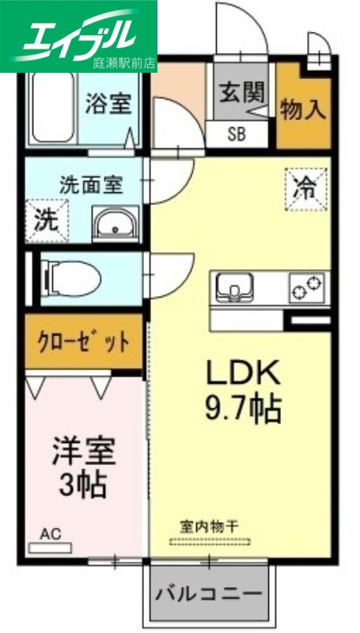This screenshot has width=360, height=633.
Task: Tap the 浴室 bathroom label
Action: click(108, 104)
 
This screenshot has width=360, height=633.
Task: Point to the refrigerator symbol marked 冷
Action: click(305, 188)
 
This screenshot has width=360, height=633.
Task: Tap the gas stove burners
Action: click(308, 287)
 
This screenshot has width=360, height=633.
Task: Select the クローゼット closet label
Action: click(83, 342)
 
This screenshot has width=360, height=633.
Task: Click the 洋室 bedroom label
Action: click(84, 451)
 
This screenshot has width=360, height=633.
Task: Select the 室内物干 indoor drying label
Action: click(210, 525)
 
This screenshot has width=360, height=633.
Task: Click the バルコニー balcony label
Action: click(209, 593)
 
